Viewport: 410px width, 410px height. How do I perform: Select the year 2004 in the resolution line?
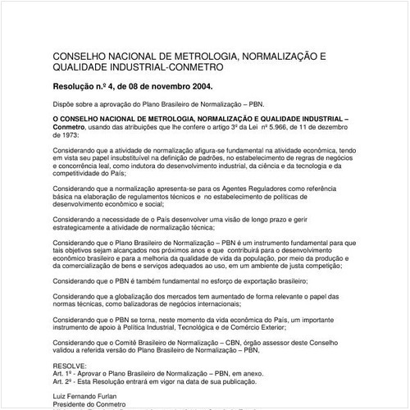point(198,85)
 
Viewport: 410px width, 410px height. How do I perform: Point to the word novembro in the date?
point(160,85)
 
